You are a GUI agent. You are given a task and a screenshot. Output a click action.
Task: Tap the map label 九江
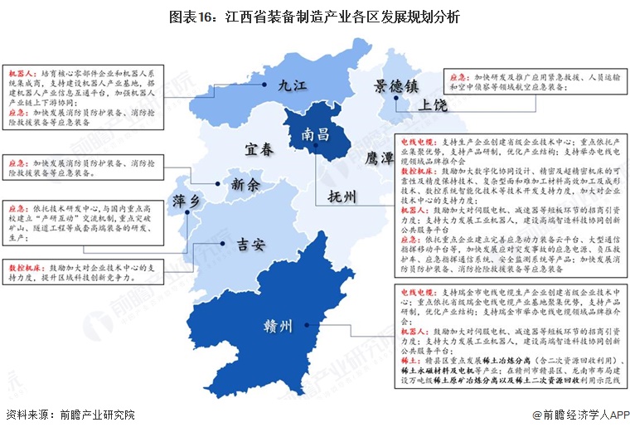293,85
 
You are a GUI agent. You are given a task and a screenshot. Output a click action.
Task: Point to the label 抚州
342,197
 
